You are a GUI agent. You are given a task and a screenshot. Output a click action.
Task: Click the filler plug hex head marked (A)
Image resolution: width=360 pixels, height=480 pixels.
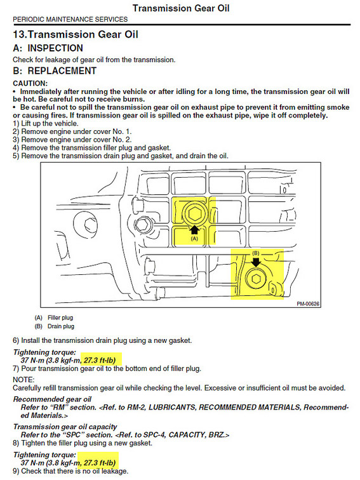click(x=195, y=213)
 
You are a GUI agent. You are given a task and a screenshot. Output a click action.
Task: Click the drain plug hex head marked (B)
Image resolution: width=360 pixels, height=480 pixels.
click(x=256, y=279)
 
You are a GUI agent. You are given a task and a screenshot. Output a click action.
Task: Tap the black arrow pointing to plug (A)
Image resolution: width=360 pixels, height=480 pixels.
click(x=195, y=230)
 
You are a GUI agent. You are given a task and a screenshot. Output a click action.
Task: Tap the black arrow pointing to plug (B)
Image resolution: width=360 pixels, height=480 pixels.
click(x=256, y=262)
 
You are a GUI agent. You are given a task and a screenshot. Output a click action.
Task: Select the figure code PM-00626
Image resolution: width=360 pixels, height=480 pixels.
click(x=308, y=303)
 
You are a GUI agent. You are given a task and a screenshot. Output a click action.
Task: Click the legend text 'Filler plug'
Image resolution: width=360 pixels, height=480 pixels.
click(x=60, y=317)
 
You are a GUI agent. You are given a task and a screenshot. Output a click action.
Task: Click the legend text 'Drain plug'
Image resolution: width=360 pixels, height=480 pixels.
click(x=61, y=326)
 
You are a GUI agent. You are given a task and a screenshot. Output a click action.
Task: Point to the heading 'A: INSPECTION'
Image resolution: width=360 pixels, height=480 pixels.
click(x=48, y=48)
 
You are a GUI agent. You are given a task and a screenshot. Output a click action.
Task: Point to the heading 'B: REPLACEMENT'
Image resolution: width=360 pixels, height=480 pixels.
click(x=55, y=70)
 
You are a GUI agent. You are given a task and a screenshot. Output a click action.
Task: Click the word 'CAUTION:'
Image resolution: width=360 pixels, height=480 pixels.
click(x=30, y=83)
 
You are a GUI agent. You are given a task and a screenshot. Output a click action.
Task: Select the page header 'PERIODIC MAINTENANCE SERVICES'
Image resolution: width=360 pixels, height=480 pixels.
click(x=70, y=19)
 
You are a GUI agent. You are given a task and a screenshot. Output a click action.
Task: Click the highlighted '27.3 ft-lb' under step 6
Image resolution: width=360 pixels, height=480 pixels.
click(x=100, y=360)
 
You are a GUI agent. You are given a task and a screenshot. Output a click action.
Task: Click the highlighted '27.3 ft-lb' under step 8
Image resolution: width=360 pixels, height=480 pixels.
click(x=100, y=463)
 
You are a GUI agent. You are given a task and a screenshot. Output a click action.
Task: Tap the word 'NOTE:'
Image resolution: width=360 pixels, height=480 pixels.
click(x=23, y=380)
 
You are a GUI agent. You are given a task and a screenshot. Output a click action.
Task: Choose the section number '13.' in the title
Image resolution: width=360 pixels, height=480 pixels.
click(x=20, y=34)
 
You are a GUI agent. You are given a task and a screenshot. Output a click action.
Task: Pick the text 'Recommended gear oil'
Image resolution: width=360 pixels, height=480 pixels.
click(x=52, y=399)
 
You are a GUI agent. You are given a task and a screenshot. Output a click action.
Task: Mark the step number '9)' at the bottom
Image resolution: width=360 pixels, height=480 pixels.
click(x=17, y=471)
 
